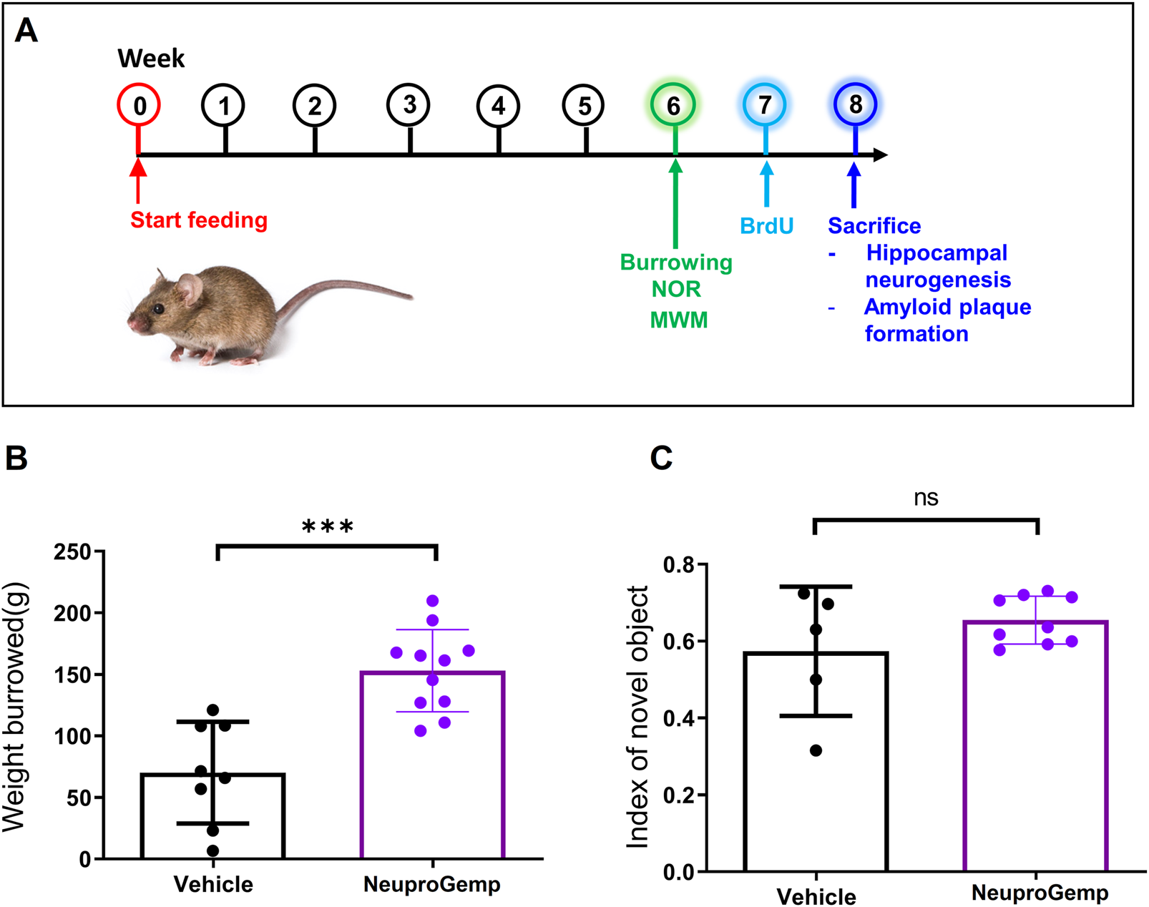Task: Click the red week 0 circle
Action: [x=139, y=105]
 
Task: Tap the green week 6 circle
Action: [x=673, y=105]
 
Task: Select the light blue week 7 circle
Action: [x=764, y=105]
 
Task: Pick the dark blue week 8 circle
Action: [x=855, y=104]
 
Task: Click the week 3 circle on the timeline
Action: [x=409, y=105]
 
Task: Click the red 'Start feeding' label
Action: [x=199, y=220]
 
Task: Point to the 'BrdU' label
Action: [x=766, y=226]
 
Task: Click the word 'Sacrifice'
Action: [x=874, y=226]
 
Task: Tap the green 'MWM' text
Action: [x=678, y=320]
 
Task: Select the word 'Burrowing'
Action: [x=676, y=263]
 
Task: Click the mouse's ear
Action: [x=189, y=288]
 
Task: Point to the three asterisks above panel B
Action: [x=328, y=528]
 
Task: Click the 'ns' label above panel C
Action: [x=926, y=498]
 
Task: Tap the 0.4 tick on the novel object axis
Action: [x=679, y=717]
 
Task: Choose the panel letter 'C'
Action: [x=661, y=458]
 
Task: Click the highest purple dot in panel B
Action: [x=432, y=601]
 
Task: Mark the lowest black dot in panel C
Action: [x=816, y=750]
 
